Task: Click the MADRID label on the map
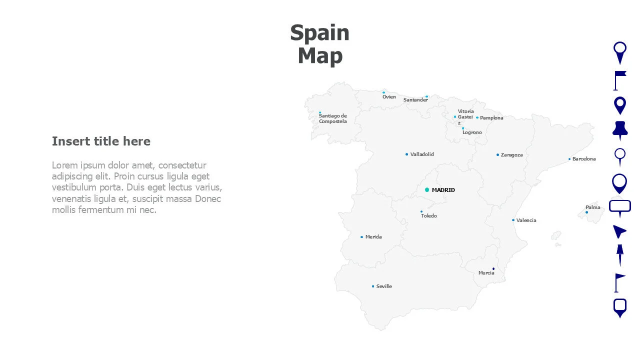point(443,190)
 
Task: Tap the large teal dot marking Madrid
point(427,190)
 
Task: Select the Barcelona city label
point(584,159)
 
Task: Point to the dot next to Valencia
point(513,220)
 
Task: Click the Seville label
point(384,286)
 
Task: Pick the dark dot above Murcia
point(493,268)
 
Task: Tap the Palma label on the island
point(593,207)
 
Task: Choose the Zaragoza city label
point(511,155)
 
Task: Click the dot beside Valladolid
point(406,154)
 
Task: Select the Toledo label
point(429,216)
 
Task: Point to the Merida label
point(373,237)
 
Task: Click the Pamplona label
point(491,118)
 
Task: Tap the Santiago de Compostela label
point(332,118)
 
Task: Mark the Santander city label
point(415,100)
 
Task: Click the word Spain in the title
point(319,33)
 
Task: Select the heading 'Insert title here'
point(101,141)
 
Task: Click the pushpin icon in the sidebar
point(620,129)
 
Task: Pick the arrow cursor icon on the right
point(619,231)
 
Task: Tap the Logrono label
point(472,132)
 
